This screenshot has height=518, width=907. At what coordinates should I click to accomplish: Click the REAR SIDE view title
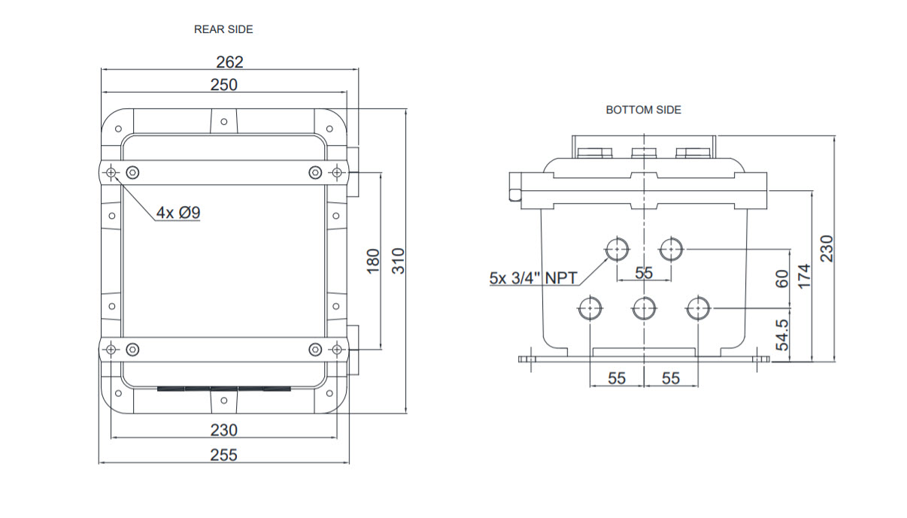(223, 29)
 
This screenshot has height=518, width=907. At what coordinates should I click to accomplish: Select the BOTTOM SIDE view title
(643, 110)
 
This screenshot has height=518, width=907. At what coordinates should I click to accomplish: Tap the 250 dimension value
(224, 85)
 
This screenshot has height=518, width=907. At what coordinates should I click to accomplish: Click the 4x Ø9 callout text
(178, 213)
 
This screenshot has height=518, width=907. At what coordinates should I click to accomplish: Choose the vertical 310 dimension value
(399, 261)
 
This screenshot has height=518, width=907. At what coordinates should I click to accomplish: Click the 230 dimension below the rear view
(224, 430)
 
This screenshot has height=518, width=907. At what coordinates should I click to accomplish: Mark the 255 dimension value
(224, 455)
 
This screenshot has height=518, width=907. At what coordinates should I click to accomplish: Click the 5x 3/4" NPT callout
(533, 277)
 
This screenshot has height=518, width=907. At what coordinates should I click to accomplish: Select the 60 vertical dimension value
(782, 279)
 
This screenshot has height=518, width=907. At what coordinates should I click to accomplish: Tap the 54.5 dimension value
(782, 335)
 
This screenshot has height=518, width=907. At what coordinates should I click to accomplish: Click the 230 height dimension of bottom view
(827, 249)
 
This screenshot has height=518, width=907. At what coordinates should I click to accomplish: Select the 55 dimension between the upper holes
(644, 272)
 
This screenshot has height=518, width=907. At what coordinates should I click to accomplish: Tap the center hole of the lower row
(645, 308)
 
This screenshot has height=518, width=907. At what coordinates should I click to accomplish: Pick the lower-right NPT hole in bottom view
(698, 308)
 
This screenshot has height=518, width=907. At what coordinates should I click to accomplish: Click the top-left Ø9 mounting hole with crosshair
(111, 173)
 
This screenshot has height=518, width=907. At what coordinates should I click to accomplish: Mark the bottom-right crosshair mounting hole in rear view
(337, 350)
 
